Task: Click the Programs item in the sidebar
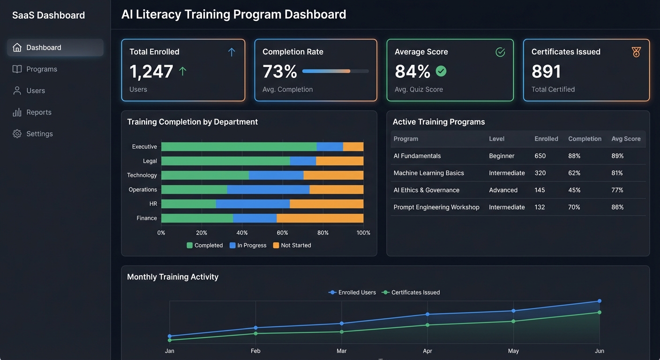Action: pyautogui.click(x=41, y=69)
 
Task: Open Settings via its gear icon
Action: pyautogui.click(x=17, y=134)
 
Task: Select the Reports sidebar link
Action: pyautogui.click(x=38, y=112)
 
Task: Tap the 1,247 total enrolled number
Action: pyautogui.click(x=151, y=72)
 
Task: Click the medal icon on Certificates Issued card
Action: pyautogui.click(x=636, y=52)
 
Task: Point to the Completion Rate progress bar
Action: pyautogui.click(x=335, y=71)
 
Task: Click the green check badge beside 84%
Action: pyautogui.click(x=441, y=71)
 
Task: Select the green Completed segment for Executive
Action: pyautogui.click(x=239, y=147)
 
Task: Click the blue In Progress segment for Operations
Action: pyautogui.click(x=268, y=190)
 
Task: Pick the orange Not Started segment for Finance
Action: pyautogui.click(x=320, y=218)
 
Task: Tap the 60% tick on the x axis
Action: pyautogui.click(x=282, y=233)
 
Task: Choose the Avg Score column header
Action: pyautogui.click(x=625, y=139)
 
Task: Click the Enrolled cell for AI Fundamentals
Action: pyautogui.click(x=540, y=156)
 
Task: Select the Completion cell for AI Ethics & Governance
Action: pyautogui.click(x=574, y=190)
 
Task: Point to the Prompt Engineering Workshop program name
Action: pyautogui.click(x=436, y=207)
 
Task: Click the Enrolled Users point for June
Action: pyautogui.click(x=599, y=301)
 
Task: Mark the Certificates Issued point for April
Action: pyautogui.click(x=427, y=325)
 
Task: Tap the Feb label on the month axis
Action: pyautogui.click(x=255, y=351)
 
